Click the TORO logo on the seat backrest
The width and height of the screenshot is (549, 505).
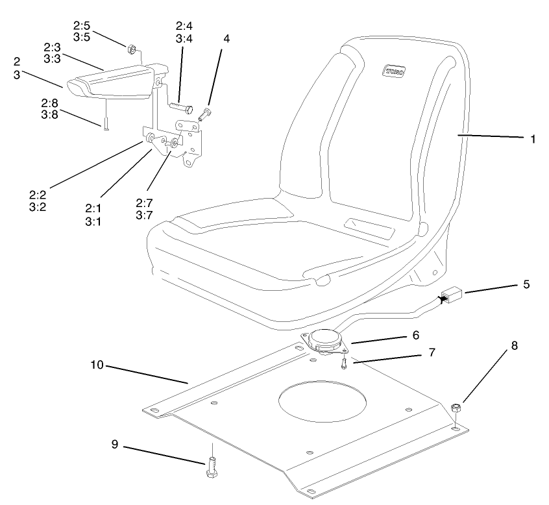click(393, 70)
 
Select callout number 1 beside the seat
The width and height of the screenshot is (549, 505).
click(533, 139)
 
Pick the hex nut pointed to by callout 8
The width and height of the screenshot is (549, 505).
click(456, 408)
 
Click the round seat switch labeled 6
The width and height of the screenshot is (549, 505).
click(324, 341)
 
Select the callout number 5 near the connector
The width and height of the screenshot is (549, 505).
click(526, 284)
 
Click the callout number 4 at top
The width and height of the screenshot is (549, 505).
click(226, 38)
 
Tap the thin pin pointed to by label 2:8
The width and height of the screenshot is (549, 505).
click(104, 125)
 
